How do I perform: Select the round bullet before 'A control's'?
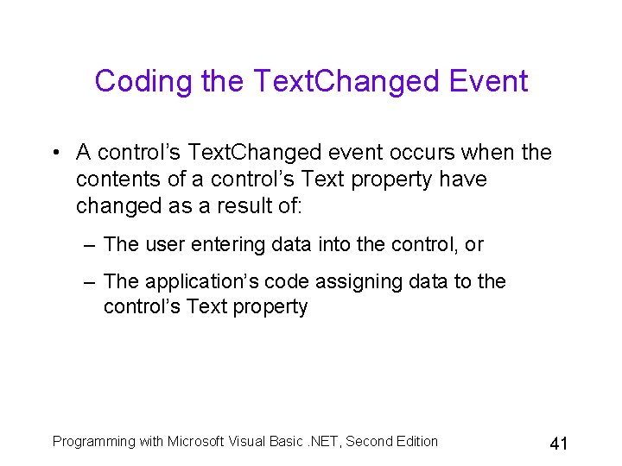pyautogui.click(x=54, y=154)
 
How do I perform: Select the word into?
pyautogui.click(x=335, y=245)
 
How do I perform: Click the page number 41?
pyautogui.click(x=558, y=444)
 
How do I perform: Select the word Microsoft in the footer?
pyautogui.click(x=197, y=442)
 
